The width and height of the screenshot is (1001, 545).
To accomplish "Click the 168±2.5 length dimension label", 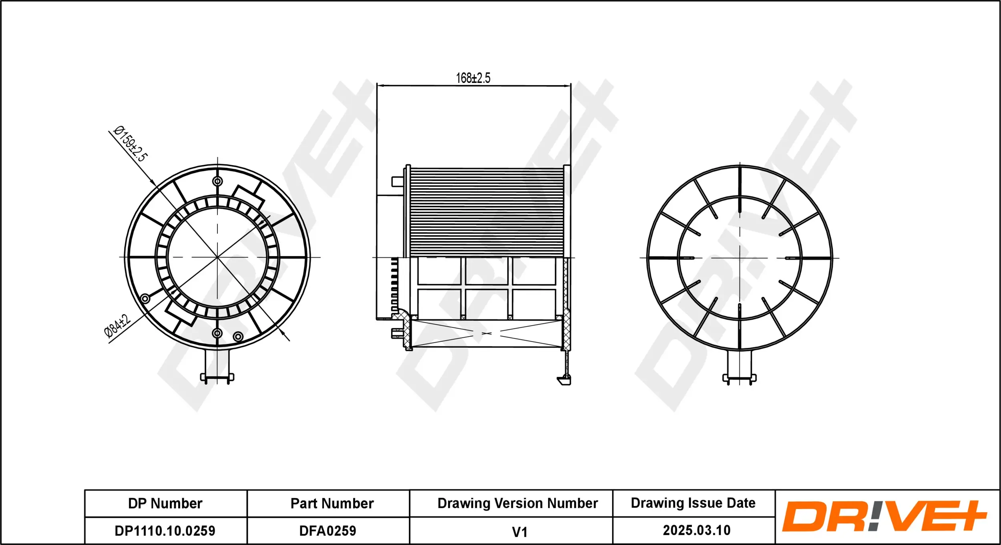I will [473, 78].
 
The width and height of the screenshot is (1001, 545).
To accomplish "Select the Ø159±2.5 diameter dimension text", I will [131, 144].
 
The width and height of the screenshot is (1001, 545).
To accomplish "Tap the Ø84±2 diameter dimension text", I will [117, 326].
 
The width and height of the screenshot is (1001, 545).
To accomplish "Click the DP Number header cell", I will [165, 503].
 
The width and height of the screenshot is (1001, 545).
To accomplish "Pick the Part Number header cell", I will [332, 503].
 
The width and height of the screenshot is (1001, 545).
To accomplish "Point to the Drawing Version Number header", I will [517, 503].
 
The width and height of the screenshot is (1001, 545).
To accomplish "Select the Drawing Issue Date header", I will [693, 503].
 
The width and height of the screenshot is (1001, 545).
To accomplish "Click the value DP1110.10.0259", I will [165, 531].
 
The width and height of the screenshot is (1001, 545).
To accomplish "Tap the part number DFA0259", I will [328, 531].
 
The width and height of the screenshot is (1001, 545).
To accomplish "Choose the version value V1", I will [520, 532].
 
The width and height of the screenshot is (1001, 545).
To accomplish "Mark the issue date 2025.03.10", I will [697, 531].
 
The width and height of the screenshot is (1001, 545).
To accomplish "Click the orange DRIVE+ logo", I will [884, 517].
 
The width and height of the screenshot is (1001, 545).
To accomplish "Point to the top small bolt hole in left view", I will [217, 181].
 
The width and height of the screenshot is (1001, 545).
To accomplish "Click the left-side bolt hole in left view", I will [145, 299].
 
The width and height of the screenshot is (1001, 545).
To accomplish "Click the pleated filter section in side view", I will [486, 212].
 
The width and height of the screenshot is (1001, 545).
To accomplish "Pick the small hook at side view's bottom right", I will [564, 381].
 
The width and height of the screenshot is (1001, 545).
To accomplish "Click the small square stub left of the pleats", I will [397, 182].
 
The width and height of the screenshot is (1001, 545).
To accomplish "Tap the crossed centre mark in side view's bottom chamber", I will [486, 333].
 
